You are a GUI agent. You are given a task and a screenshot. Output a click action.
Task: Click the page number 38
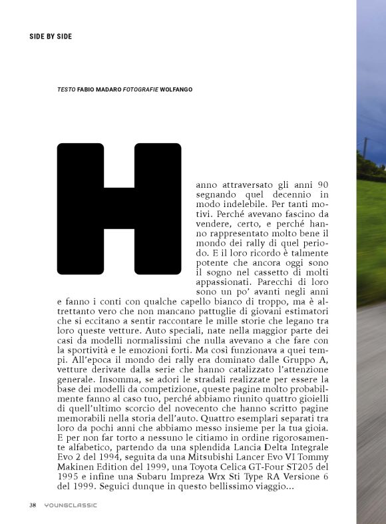(33, 505)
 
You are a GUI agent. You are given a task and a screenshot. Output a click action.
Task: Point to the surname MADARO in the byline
(107, 89)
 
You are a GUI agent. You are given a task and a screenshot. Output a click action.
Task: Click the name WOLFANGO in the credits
(176, 89)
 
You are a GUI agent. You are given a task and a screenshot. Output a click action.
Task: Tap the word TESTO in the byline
(66, 89)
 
